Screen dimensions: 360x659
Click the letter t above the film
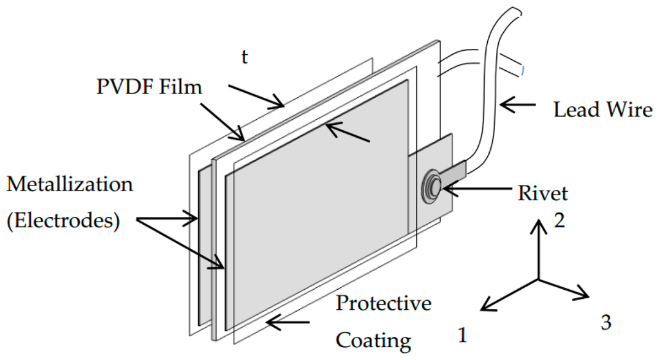[244, 57]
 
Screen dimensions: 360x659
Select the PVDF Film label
[149, 86]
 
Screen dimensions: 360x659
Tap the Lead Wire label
[602, 109]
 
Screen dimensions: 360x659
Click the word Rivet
[543, 193]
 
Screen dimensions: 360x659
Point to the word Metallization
[70, 184]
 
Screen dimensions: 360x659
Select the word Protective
[384, 303]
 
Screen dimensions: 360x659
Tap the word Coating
[374, 339]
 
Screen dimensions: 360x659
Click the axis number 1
[461, 335]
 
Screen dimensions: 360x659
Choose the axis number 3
[606, 322]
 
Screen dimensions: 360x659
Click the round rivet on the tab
[432, 187]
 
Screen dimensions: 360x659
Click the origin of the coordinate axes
[539, 279]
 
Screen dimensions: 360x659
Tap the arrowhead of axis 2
[539, 223]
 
